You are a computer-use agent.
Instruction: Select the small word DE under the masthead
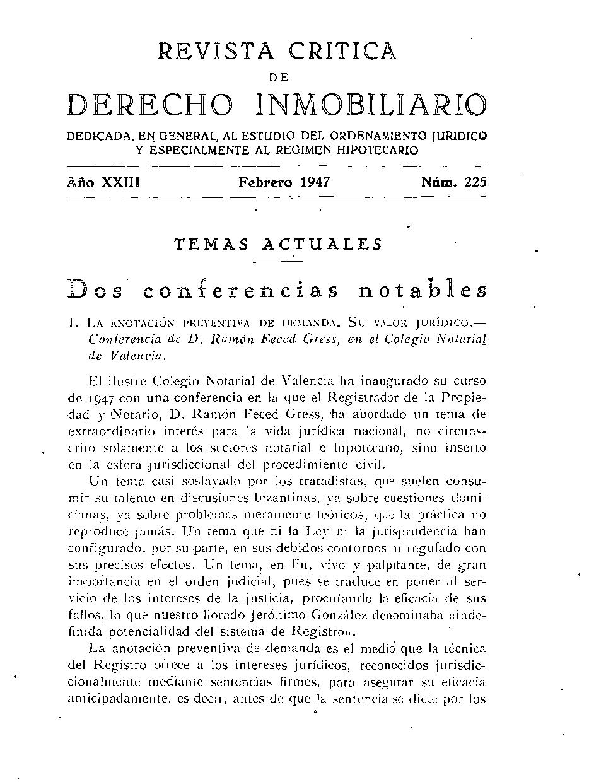pos(278,77)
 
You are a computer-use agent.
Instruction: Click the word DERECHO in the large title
pos(149,105)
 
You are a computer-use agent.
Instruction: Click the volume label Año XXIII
pos(103,183)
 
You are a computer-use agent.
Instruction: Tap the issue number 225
pos(475,183)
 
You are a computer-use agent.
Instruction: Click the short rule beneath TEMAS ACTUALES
pos(278,260)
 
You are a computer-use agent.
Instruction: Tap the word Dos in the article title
pos(93,290)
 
